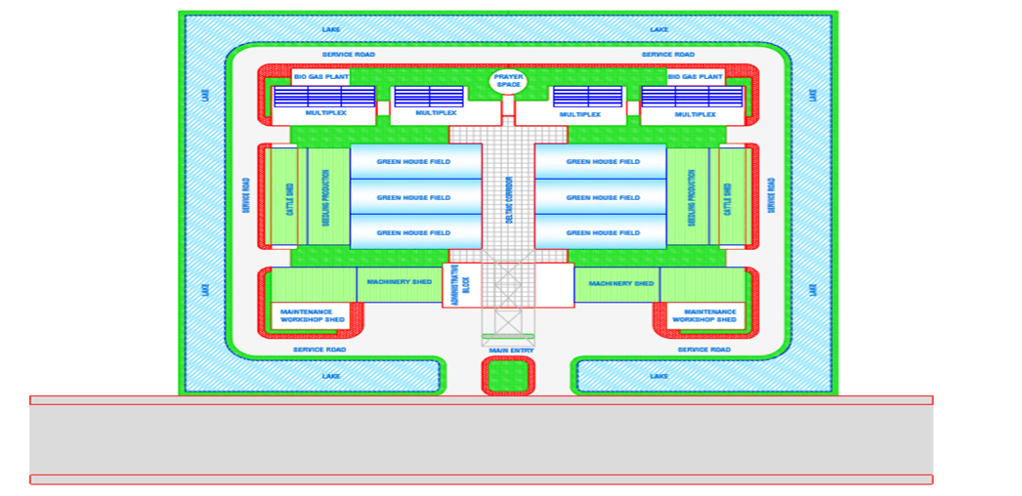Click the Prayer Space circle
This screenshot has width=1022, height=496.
point(508,81)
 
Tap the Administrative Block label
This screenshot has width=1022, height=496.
point(466,285)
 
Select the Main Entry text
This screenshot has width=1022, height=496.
point(511,350)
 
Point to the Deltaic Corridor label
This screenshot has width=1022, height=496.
point(509,197)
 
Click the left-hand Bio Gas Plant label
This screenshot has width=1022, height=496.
point(320,76)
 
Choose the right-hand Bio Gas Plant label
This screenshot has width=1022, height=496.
point(695,76)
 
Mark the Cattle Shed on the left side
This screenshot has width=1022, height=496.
point(289,197)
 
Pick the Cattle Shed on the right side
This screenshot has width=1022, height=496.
point(728,197)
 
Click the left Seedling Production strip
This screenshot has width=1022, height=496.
point(326,197)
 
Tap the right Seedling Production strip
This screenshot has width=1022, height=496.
point(691,197)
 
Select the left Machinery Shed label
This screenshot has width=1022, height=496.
point(399,282)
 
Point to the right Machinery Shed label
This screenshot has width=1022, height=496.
point(621,283)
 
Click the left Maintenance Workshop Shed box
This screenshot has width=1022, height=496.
point(312,315)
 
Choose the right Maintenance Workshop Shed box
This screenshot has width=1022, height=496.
point(704,315)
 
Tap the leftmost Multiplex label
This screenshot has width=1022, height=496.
point(324,113)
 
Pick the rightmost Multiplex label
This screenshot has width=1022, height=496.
point(695,114)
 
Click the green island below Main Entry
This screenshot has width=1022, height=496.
point(509,376)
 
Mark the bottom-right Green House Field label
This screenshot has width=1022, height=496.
point(603,232)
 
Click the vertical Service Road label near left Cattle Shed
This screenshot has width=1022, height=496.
point(246,195)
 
